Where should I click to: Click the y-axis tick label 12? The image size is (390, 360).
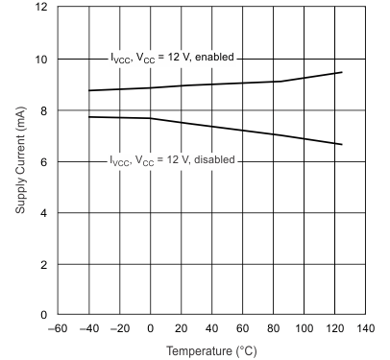[x=43, y=8]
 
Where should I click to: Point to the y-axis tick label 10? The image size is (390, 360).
[x=43, y=60]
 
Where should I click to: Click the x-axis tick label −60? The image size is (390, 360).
[x=58, y=329]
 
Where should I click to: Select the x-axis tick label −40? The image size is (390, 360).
[x=88, y=329]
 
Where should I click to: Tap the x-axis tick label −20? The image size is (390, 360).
[x=119, y=329]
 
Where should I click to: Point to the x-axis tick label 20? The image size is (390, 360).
[x=182, y=329]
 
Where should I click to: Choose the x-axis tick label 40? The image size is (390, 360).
[x=212, y=329]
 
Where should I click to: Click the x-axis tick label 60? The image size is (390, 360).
[x=243, y=329]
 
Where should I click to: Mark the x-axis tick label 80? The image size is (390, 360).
[x=274, y=329]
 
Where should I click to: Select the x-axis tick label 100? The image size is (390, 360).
[x=305, y=329]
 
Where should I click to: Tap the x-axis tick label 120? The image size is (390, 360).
[x=335, y=329]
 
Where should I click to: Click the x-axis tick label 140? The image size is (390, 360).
[x=366, y=329]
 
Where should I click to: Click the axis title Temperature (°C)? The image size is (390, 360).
[x=212, y=351]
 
